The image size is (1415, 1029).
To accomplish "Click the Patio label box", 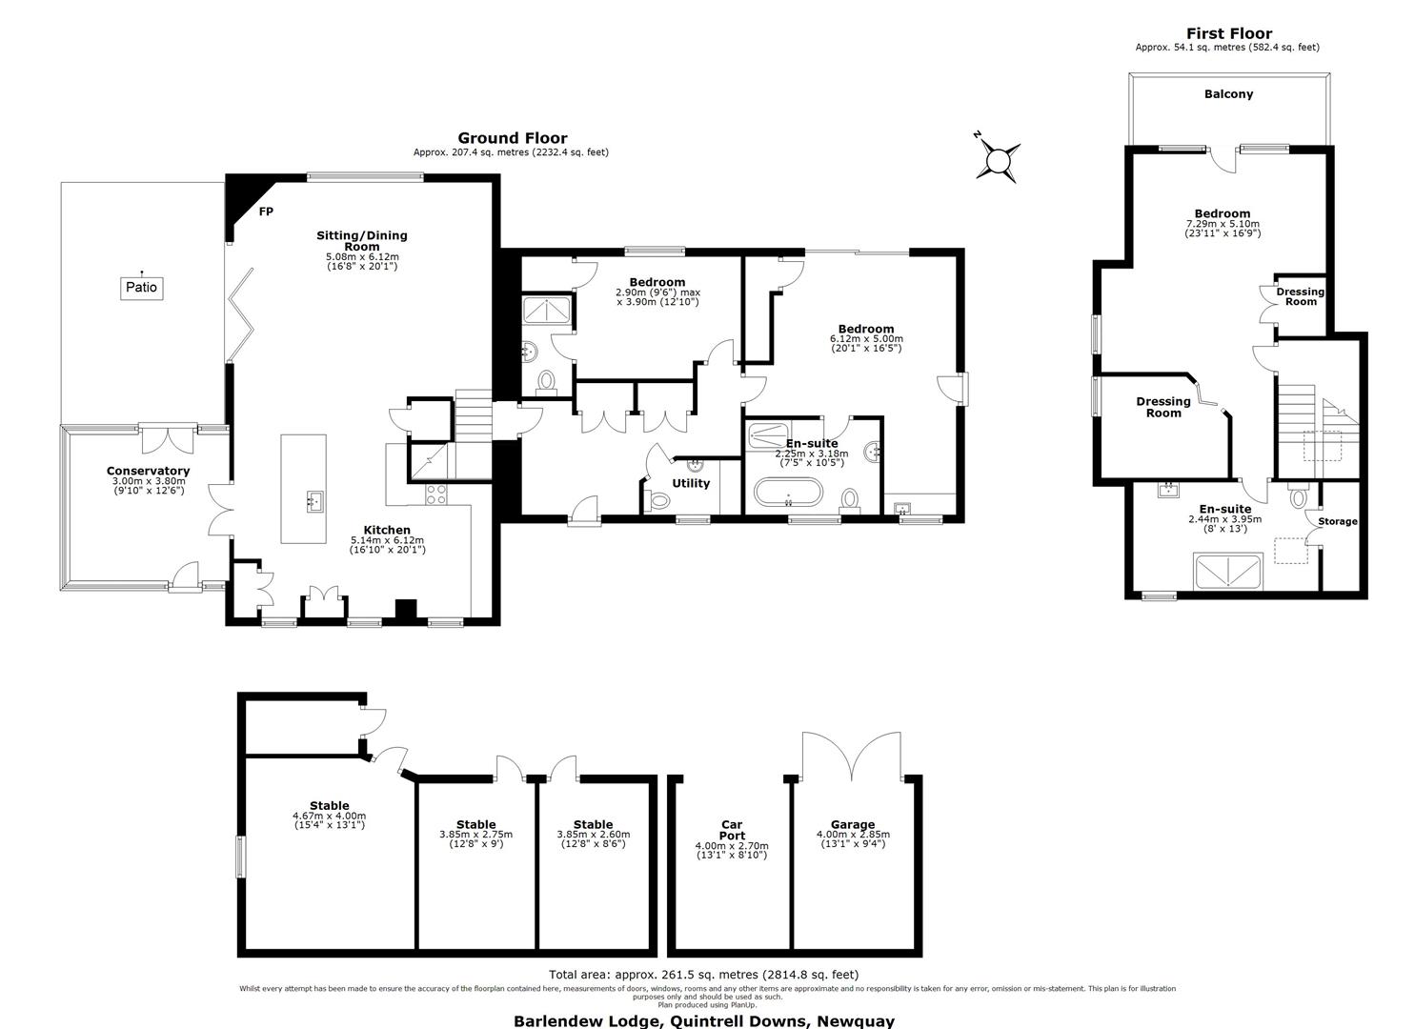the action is tap(141, 288).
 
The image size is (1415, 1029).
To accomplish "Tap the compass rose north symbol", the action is tap(998, 158).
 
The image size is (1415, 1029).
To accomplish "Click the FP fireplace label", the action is tap(266, 212).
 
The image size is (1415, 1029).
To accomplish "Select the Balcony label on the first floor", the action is tap(1228, 94).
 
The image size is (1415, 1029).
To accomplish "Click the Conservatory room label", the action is tap(148, 471).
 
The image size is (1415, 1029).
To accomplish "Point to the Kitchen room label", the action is tap(387, 530).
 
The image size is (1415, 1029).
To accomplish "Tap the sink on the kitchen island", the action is tap(314, 501).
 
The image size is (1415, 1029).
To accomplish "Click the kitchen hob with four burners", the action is tap(435, 494).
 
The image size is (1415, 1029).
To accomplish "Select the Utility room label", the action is tap(691, 483).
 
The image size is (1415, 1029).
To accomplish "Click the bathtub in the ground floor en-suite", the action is tap(788, 493).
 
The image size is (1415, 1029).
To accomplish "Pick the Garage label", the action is tap(853, 824).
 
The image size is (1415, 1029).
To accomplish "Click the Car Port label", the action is tap(732, 829).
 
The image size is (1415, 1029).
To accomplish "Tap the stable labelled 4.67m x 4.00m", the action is tap(329, 815).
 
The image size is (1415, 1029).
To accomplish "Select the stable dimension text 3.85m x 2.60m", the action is tap(594, 834).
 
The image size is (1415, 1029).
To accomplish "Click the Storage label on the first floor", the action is tap(1337, 521).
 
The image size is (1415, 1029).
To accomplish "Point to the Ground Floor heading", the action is tap(513, 138).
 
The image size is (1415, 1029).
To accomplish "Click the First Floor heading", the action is tap(1228, 33).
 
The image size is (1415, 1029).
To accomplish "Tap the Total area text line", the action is tap(704, 974).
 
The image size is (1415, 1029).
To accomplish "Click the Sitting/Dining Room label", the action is tap(362, 241).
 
